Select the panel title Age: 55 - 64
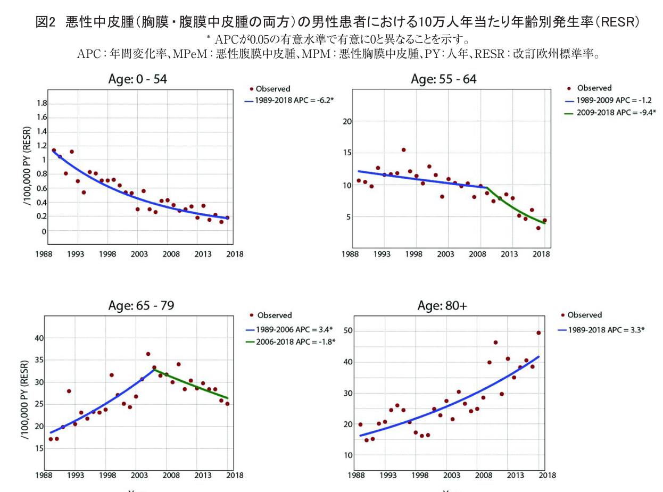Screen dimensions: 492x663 (x=444, y=79)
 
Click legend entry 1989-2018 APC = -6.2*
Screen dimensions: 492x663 (x=291, y=99)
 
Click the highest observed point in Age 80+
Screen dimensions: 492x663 (x=538, y=333)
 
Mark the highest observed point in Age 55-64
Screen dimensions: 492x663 (x=403, y=150)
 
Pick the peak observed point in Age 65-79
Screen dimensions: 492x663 (x=148, y=354)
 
